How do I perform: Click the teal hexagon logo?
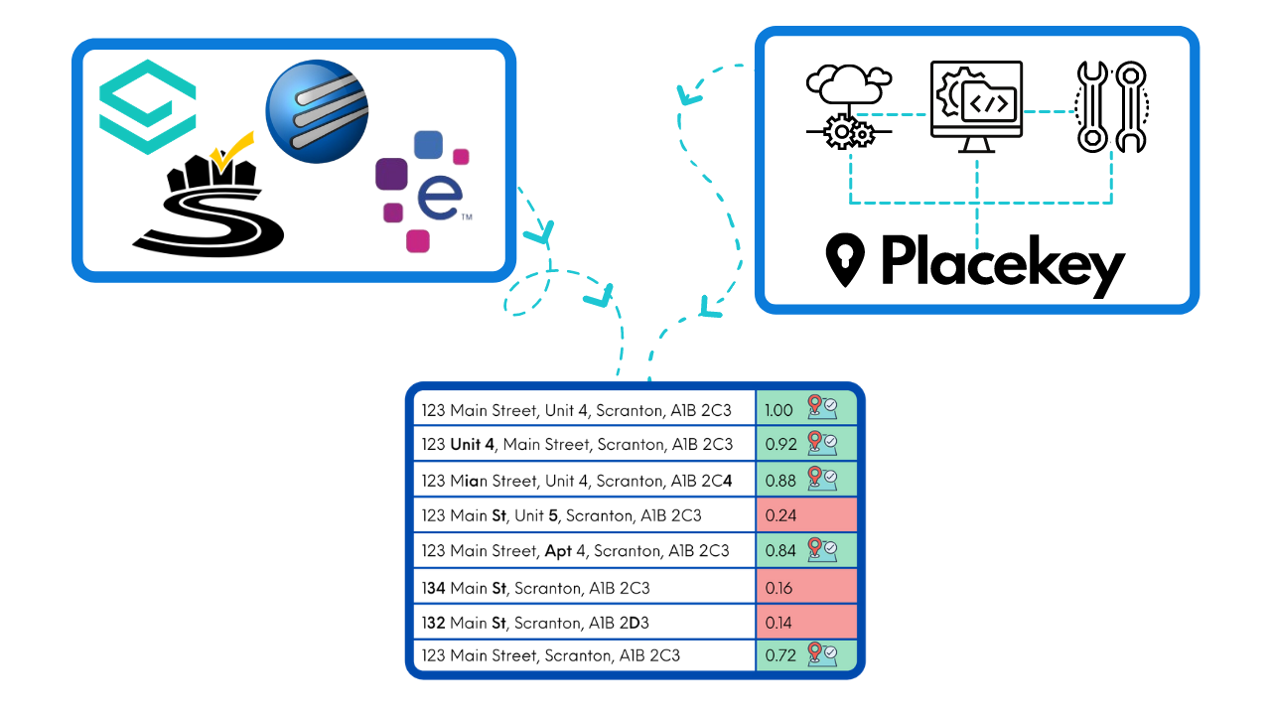click(x=148, y=107)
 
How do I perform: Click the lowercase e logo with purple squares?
click(x=422, y=191)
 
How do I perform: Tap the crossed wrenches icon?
click(x=1111, y=107)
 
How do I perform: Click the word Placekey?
click(x=1003, y=262)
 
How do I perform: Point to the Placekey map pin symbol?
click(x=845, y=260)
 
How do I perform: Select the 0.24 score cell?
click(x=805, y=515)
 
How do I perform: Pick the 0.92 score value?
click(x=781, y=444)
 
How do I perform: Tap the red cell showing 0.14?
click(x=805, y=623)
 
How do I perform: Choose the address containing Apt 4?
click(x=575, y=550)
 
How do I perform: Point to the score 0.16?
click(x=779, y=588)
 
